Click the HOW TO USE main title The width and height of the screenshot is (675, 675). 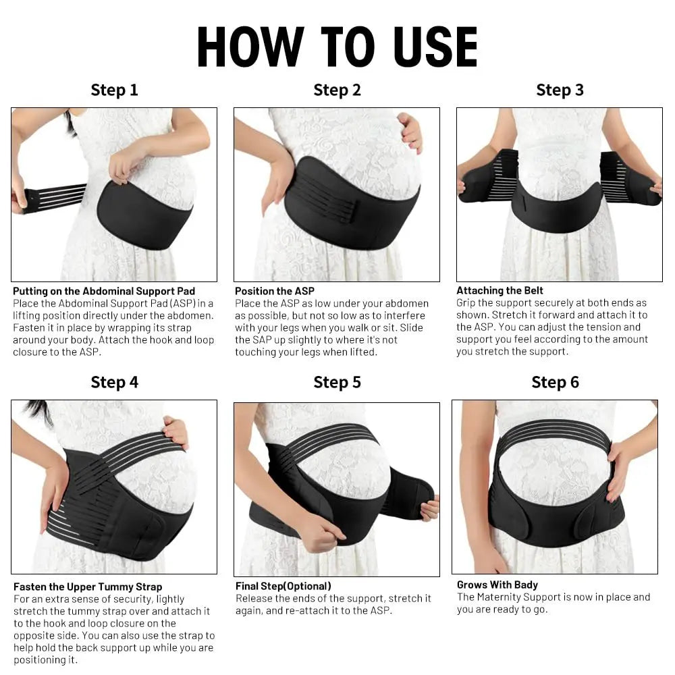[x=337, y=47]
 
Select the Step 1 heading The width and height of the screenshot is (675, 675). [x=114, y=90]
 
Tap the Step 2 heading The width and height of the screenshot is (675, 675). [x=337, y=90]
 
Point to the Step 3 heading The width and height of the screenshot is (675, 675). [x=560, y=90]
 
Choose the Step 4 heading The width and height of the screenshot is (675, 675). [x=114, y=382]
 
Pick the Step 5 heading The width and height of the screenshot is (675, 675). [x=337, y=382]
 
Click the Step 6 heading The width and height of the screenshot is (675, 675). [x=555, y=382]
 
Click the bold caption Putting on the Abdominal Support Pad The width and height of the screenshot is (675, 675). [x=104, y=291]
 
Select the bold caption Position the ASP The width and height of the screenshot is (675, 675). [x=275, y=291]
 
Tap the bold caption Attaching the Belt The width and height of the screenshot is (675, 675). [x=500, y=290]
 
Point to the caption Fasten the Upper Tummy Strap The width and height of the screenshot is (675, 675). [x=88, y=587]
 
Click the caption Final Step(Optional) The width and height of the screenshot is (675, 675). [x=283, y=586]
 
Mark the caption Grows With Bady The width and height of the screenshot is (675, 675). [x=497, y=585]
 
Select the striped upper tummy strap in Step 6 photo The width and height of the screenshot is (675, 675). [x=553, y=432]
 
